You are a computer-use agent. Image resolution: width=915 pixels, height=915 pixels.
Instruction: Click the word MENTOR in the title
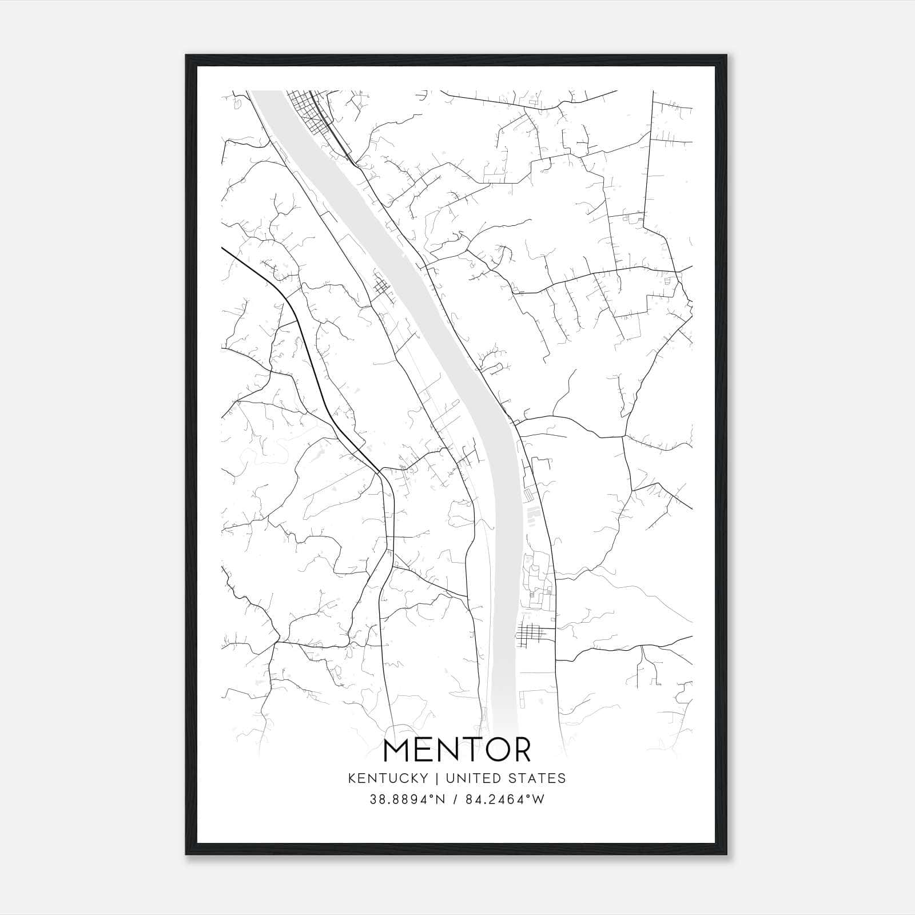pos(457,750)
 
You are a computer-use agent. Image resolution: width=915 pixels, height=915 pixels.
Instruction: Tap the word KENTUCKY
pos(387,778)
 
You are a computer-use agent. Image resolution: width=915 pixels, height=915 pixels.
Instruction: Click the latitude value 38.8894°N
pos(407,799)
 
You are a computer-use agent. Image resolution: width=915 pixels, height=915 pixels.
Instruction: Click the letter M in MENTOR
pos(396,750)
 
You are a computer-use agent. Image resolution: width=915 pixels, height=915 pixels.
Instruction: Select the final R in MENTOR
pos(520,750)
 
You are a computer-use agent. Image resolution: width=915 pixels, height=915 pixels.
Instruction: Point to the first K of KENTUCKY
pos(352,778)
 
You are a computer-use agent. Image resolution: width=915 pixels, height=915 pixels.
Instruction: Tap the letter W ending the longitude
pos(539,799)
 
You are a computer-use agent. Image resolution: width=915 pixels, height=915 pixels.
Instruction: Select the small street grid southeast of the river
pos(535,634)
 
